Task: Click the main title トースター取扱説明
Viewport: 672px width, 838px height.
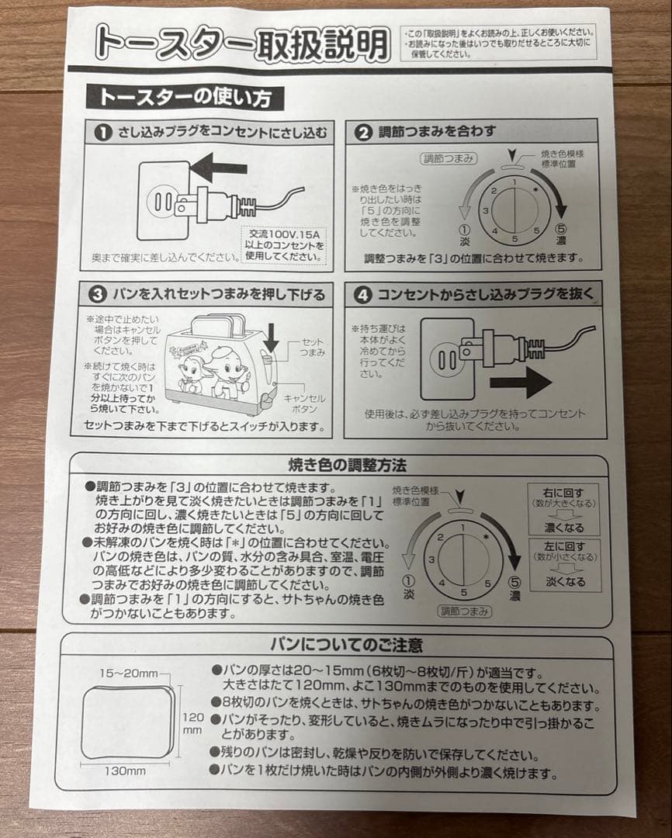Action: (x=241, y=45)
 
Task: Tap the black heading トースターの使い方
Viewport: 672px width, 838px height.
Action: (x=185, y=97)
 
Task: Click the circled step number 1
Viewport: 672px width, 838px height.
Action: (x=102, y=133)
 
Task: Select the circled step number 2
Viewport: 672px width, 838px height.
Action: (x=363, y=132)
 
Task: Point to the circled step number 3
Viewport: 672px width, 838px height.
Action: (x=97, y=295)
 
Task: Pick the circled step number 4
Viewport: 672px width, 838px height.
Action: (x=362, y=295)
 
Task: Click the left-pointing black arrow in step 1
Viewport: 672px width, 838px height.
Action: (x=218, y=168)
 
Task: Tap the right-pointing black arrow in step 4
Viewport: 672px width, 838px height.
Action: (x=521, y=383)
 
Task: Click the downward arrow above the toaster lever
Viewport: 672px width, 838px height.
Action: (x=270, y=337)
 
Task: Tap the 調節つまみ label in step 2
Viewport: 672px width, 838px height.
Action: (x=449, y=159)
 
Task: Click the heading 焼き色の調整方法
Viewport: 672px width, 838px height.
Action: (x=337, y=466)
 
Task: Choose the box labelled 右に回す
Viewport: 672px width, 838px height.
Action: (x=564, y=508)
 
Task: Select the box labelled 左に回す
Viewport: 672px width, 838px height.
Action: (x=564, y=563)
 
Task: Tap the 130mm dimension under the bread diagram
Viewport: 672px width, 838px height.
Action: (x=126, y=770)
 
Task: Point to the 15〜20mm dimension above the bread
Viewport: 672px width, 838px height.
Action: (x=129, y=673)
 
